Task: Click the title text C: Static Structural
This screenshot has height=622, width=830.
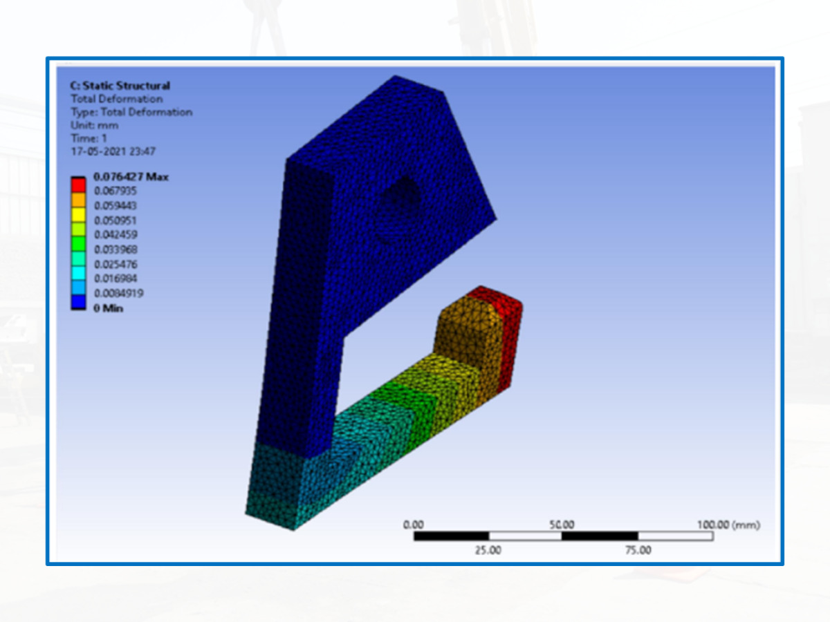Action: [120, 86]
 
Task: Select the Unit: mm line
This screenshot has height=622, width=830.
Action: [95, 125]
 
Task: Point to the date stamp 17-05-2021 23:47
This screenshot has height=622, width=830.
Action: [113, 151]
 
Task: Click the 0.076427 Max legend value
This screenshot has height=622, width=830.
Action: [131, 177]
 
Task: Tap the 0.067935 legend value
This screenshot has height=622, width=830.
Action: [115, 191]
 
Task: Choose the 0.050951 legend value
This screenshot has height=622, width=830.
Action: [115, 220]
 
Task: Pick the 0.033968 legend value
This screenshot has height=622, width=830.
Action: [116, 249]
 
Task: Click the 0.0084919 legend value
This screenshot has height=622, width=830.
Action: [119, 294]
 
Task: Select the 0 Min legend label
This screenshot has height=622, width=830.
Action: [108, 308]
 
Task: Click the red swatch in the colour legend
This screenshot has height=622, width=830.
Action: [78, 185]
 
